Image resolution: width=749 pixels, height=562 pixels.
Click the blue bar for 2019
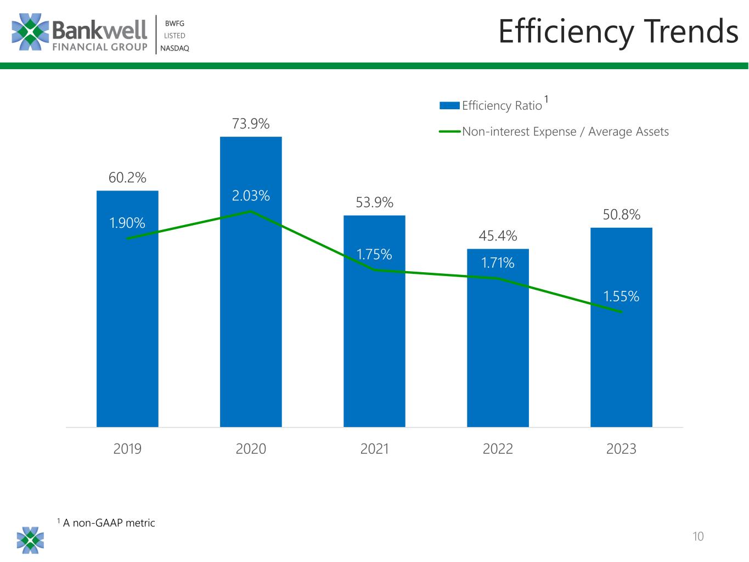pyautogui.click(x=127, y=329)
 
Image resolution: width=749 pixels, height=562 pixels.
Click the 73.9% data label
pyautogui.click(x=251, y=124)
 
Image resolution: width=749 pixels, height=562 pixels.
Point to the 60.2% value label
pyautogui.click(x=127, y=178)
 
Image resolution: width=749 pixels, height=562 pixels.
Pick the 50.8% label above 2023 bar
pyautogui.click(x=621, y=215)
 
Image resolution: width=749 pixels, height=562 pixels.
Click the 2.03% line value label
pyautogui.click(x=251, y=196)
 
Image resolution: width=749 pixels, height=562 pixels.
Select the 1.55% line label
pyautogui.click(x=621, y=297)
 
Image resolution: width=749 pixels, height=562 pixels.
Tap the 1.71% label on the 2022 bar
pyautogui.click(x=498, y=263)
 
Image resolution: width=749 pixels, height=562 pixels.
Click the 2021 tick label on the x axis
pyautogui.click(x=374, y=449)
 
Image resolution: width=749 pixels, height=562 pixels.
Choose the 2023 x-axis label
pyautogui.click(x=621, y=449)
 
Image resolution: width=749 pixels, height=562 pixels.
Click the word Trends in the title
pyautogui.click(x=691, y=31)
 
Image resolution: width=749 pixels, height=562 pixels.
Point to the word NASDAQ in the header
pyautogui.click(x=174, y=48)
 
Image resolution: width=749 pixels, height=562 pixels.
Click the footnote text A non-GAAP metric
pyautogui.click(x=109, y=523)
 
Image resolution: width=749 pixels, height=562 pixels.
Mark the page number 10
pyautogui.click(x=698, y=536)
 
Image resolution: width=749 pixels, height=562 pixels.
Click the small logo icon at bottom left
pyautogui.click(x=30, y=540)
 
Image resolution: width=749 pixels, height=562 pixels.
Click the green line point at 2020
pyautogui.click(x=251, y=211)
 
